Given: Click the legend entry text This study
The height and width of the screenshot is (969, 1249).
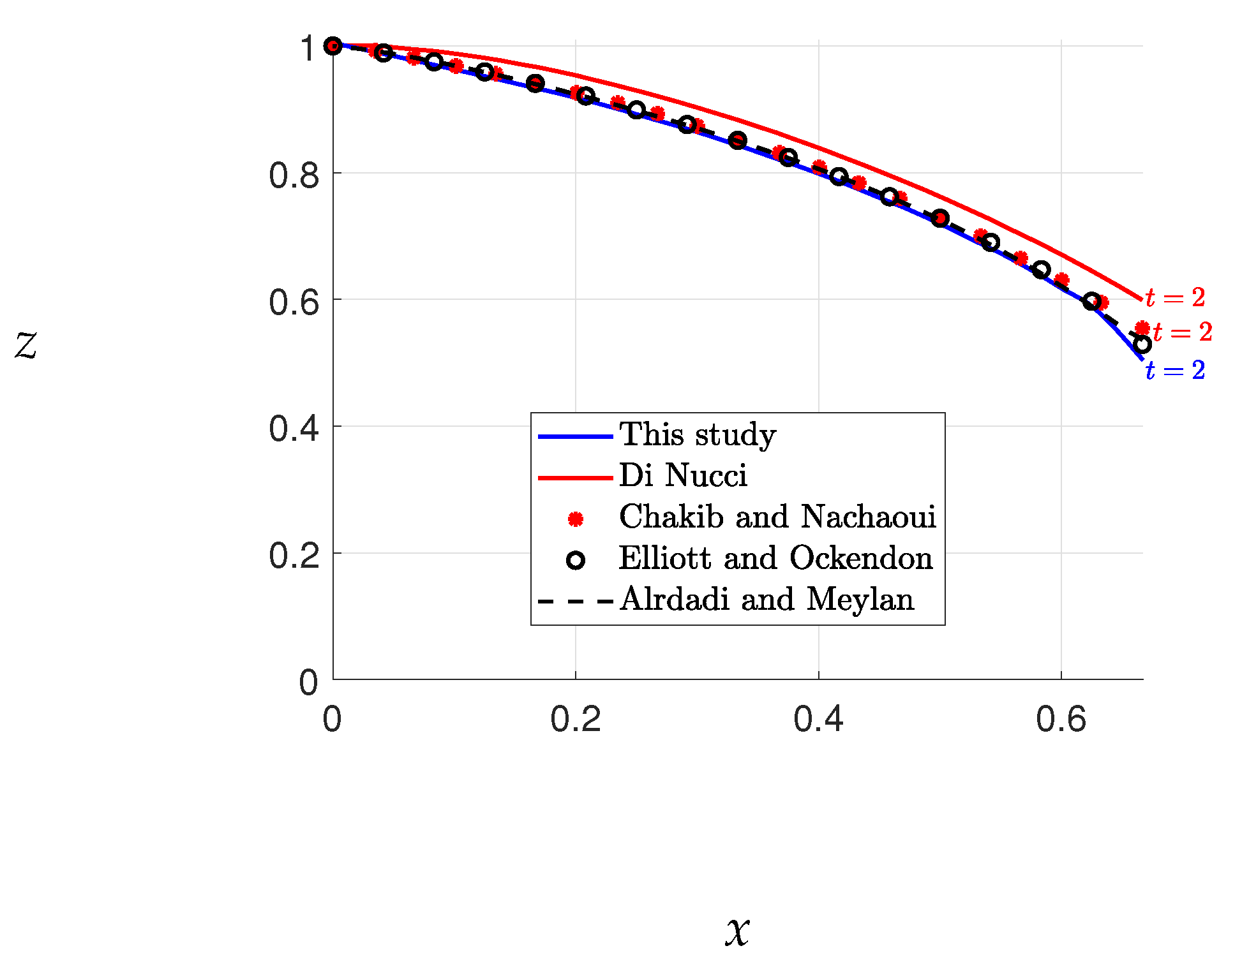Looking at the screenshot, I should point(698,436).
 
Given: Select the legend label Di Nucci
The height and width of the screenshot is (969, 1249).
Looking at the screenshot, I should point(683,477).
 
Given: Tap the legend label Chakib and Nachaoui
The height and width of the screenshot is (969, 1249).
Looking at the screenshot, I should point(777,517).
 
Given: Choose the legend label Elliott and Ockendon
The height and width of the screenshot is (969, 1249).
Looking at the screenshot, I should point(775,559).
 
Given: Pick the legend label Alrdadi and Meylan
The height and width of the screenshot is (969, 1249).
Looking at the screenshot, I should point(767,600).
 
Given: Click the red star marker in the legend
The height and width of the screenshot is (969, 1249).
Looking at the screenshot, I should point(576,519).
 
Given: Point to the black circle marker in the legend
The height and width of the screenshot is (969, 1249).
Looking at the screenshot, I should point(576,561).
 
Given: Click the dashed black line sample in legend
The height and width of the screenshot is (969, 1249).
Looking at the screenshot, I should point(576,601).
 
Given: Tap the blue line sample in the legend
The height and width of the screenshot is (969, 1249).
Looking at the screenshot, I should point(576,437).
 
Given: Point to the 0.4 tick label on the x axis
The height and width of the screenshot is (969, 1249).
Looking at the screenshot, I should point(818,720).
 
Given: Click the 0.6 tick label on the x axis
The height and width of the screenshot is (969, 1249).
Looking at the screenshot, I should point(1061,720).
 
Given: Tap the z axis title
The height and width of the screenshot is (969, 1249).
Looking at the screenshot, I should point(26,345).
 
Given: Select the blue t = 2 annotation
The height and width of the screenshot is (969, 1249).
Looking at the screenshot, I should point(1175,371).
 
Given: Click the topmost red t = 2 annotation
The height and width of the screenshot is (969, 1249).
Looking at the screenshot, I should point(1175,298).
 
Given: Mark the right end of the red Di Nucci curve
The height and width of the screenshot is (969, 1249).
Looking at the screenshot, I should point(1141,299).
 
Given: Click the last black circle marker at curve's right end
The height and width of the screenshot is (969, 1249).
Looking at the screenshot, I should point(1142,344).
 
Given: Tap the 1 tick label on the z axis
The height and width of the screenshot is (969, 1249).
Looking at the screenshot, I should point(309,48).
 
